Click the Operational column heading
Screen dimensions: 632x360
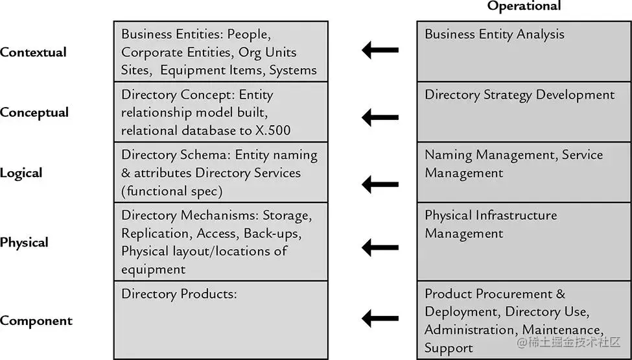524,6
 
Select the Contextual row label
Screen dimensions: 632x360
34,53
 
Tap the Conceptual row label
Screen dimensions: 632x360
34,113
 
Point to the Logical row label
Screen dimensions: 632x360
21,173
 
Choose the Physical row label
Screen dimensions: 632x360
24,243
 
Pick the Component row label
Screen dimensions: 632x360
36,321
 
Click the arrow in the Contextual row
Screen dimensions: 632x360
380,50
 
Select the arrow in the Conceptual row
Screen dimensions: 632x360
380,117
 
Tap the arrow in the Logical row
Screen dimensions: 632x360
380,185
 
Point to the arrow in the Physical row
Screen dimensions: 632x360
380,247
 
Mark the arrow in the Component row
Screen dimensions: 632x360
380,318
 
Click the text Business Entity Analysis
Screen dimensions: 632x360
495,34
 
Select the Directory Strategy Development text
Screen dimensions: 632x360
520,95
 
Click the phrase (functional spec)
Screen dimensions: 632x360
172,191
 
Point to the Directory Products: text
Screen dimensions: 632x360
180,294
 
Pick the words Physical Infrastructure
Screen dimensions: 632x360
491,215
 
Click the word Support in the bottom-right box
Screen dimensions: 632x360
449,348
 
